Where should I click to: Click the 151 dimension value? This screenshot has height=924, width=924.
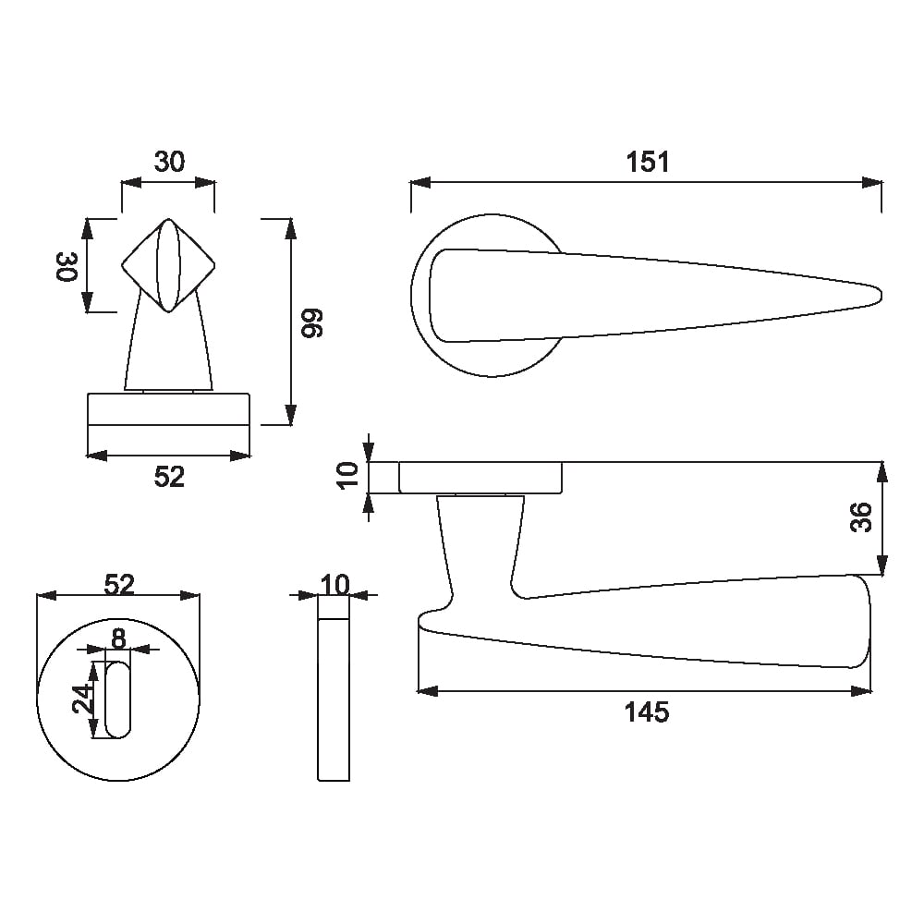coord(647,162)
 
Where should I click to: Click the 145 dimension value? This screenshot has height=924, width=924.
coord(647,712)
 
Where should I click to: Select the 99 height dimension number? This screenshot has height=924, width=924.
coord(312,322)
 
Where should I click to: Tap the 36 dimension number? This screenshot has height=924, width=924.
coord(861,517)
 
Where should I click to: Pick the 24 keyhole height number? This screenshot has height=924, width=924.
coord(83,699)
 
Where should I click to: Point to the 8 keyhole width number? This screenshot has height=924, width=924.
coord(118,638)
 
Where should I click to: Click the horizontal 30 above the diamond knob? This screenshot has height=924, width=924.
coord(169,162)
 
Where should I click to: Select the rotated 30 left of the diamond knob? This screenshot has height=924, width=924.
coord(67,266)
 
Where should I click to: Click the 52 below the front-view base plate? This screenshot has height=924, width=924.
coord(169,477)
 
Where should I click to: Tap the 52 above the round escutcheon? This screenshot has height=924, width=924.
coord(119,585)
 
